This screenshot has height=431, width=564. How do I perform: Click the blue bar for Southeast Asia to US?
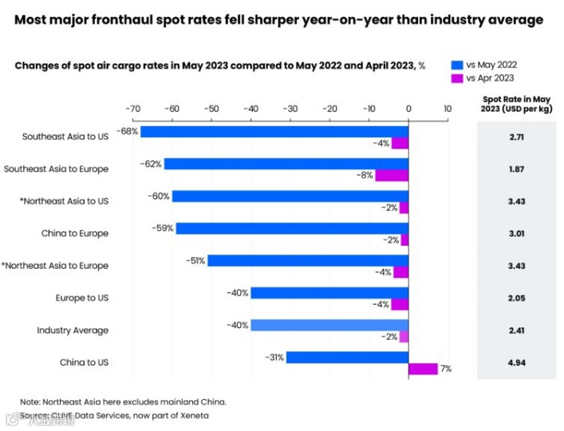274,131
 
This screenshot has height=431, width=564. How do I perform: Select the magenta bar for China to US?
423,369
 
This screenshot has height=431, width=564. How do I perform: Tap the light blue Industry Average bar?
329,325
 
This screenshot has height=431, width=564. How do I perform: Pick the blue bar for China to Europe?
292,228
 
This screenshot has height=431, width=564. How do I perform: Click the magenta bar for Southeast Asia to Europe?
392,175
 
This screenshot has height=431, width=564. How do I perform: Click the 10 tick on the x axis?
448,108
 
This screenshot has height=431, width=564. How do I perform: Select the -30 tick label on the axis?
290,108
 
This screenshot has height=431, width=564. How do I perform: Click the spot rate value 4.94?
516,363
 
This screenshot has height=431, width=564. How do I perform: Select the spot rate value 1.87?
516,169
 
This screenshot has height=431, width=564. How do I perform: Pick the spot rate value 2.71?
516,137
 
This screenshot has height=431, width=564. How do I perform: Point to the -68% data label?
127,131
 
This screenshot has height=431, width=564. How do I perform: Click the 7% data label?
446,369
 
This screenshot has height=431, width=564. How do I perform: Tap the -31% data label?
274,357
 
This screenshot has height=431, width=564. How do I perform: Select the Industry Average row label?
73,330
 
